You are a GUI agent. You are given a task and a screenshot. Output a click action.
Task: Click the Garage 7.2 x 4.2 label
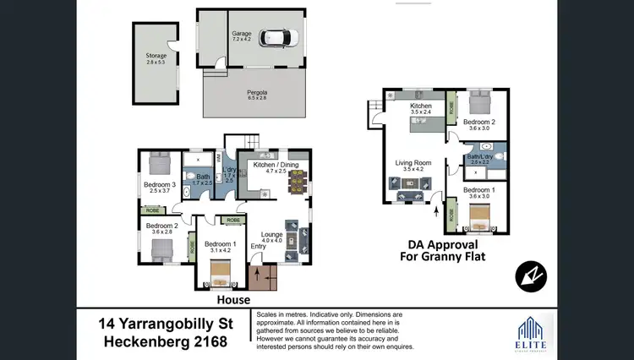pyautogui.click(x=243, y=36)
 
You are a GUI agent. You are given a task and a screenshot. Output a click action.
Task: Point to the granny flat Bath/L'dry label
pyautogui.click(x=479, y=159)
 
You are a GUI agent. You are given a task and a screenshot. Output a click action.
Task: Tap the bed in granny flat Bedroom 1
pyautogui.click(x=478, y=218)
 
